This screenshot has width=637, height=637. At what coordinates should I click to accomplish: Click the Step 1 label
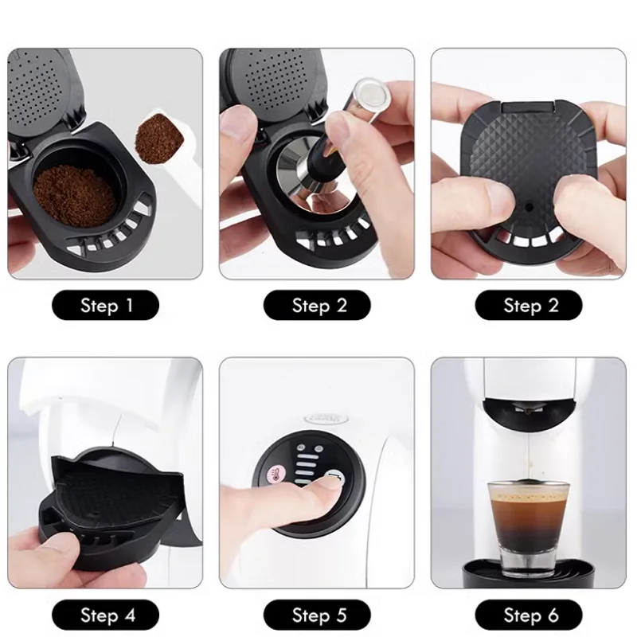106,305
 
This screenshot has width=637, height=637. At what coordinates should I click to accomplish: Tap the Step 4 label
106,614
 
